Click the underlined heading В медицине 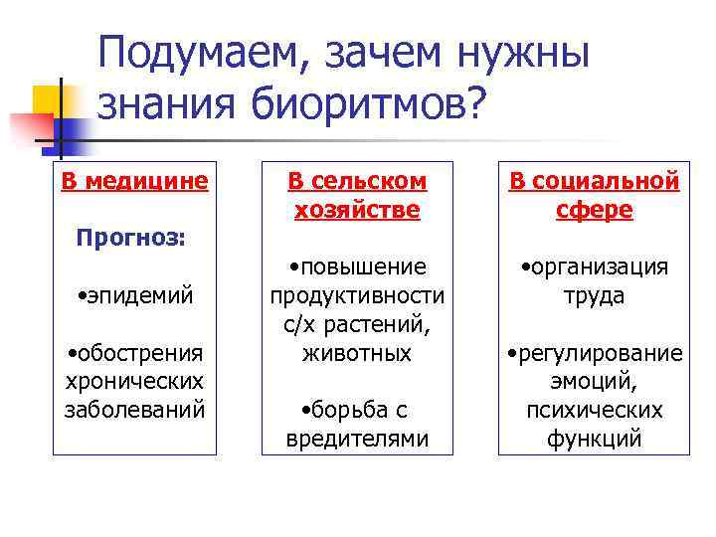pos(134,181)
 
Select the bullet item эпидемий pos(135,295)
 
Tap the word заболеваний pos(134,409)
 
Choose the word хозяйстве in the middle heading pos(356,210)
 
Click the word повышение pos(358,268)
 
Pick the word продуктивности pos(356,296)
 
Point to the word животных pos(357,353)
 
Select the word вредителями pos(357,439)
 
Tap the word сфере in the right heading pos(595,210)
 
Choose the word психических pos(595,410)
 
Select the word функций pos(595,439)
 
